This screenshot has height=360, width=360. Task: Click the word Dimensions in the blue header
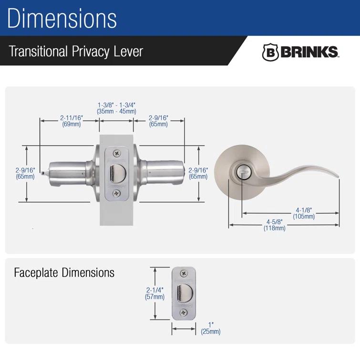point(62,19)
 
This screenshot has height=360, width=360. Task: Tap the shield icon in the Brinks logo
point(270,52)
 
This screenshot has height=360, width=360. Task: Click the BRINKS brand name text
point(309,52)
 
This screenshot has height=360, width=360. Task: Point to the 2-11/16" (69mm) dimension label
point(71,121)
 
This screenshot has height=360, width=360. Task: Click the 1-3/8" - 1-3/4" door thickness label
point(117,104)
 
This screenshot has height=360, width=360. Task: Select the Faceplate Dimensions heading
point(64,273)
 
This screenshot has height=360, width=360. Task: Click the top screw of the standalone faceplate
point(184,273)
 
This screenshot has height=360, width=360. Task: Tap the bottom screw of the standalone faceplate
point(184,313)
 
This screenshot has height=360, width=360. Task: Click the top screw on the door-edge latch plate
point(117,153)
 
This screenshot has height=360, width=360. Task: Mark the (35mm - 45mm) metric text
point(117,111)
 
